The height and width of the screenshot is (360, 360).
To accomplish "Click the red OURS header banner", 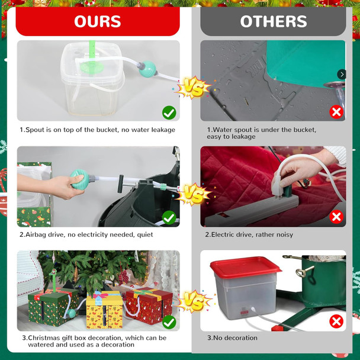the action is pyautogui.click(x=98, y=21).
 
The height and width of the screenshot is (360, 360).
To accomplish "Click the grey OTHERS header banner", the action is pyautogui.click(x=273, y=21).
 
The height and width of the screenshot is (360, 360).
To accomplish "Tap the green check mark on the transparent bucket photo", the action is pyautogui.click(x=169, y=112).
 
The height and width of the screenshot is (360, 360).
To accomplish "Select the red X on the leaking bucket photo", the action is pyautogui.click(x=336, y=112).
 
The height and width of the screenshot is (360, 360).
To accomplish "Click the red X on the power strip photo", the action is pyautogui.click(x=336, y=217).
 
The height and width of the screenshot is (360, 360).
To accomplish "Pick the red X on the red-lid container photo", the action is pyautogui.click(x=336, y=321).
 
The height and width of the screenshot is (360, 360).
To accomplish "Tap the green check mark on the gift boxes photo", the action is pyautogui.click(x=169, y=322).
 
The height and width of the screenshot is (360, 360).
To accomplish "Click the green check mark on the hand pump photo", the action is pyautogui.click(x=169, y=218).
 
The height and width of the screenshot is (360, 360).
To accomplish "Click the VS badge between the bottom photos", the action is pyautogui.click(x=194, y=301).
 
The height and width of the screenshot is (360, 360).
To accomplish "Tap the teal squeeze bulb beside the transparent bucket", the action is pyautogui.click(x=147, y=69).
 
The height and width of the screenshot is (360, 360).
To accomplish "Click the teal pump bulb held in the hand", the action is pyautogui.click(x=80, y=179).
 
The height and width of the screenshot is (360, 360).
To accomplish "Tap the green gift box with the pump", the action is pyautogui.click(x=53, y=307).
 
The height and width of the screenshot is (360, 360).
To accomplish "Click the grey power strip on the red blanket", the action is pyautogui.click(x=252, y=210).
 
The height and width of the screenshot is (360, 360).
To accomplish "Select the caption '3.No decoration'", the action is pyautogui.click(x=232, y=337).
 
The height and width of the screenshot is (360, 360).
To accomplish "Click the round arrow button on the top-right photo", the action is pyautogui.click(x=342, y=75).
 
